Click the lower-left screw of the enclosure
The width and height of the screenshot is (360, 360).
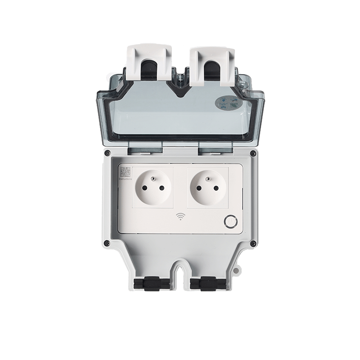pos(106,243)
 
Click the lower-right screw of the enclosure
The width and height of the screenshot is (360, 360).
pos(253,243)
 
